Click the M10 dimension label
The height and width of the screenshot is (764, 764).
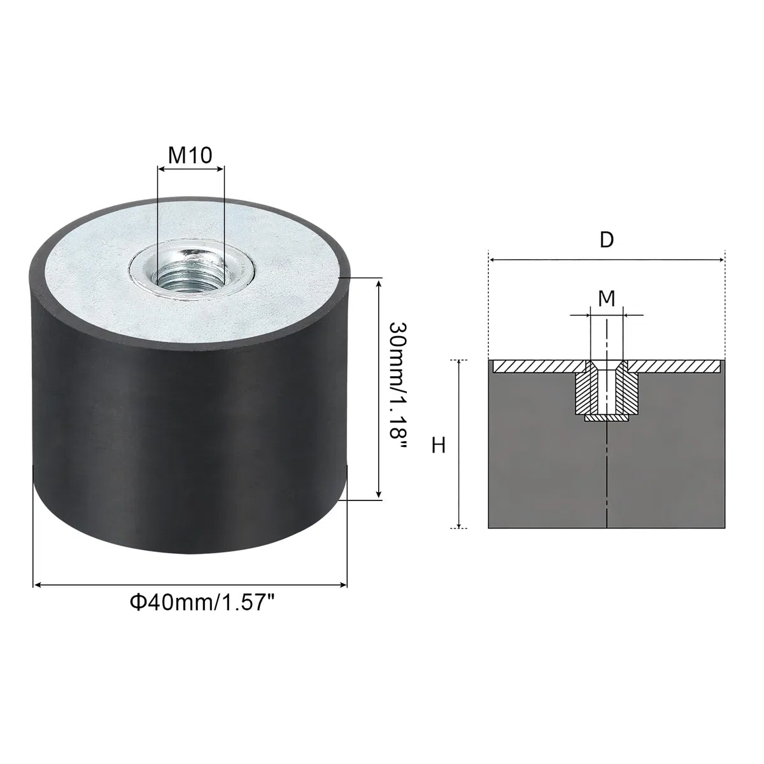click(190, 155)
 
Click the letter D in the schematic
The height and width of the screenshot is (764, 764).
click(607, 240)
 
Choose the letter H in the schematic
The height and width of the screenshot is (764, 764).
click(439, 445)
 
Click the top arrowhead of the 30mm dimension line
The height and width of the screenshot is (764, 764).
click(379, 284)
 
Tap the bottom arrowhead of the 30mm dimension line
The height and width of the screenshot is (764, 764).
click(379, 493)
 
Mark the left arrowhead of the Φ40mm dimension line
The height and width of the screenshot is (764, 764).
click(38, 584)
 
